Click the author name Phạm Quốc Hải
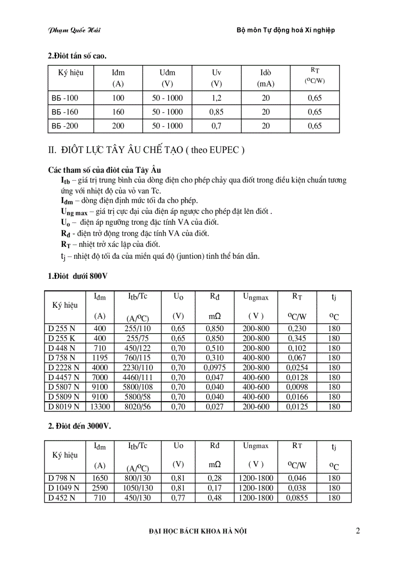[74, 30]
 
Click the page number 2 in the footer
[358, 531]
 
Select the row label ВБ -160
[65, 112]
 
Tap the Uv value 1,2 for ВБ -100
[216, 98]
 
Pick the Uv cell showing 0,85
[216, 112]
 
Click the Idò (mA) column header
[265, 78]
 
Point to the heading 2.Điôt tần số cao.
[77, 56]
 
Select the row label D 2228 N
[64, 368]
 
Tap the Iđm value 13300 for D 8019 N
[100, 407]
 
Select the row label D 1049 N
[64, 488]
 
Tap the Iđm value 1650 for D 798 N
[100, 478]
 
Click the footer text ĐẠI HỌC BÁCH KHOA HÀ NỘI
[198, 532]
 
